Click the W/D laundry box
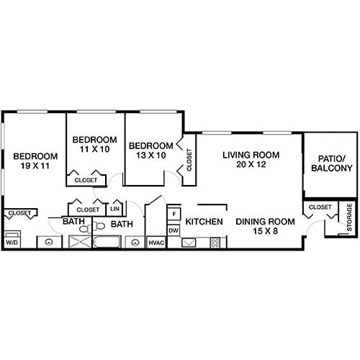point(12,243)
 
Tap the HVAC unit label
point(156,243)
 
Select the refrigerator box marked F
point(173,215)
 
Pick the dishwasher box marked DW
point(173,230)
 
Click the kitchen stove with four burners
point(215,243)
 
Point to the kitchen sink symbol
point(190,243)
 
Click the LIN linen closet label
point(115,209)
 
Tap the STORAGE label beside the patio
point(349,217)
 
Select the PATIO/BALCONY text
point(331,163)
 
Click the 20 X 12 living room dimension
point(250,165)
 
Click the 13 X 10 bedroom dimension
point(152,156)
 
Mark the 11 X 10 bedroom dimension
point(94,149)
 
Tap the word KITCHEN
point(204,222)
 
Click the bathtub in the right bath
point(107,243)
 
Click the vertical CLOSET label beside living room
point(189,160)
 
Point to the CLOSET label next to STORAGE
point(320,207)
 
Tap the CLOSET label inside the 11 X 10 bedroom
point(86,180)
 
